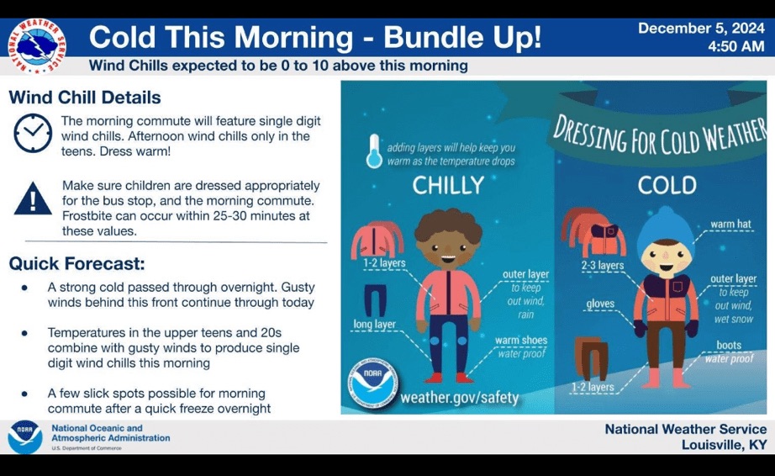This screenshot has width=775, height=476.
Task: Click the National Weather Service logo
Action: (x=37, y=46)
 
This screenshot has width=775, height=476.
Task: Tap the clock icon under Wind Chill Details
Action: (x=33, y=133)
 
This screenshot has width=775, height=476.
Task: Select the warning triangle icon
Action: (x=33, y=198)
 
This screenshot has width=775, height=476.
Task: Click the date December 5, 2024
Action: (x=701, y=29)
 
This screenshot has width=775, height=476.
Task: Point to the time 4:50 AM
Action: (x=736, y=46)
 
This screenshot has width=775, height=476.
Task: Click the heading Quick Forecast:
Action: (x=76, y=263)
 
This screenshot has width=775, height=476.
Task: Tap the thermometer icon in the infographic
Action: (x=374, y=151)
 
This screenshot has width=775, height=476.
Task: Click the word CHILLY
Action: (x=448, y=185)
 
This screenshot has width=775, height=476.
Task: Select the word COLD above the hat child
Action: (x=667, y=185)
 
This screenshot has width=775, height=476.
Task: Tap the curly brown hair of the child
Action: (x=448, y=225)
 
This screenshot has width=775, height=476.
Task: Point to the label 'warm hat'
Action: (x=730, y=224)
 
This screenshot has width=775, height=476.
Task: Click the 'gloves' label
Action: (x=600, y=303)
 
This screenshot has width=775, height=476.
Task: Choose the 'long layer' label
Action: (x=374, y=325)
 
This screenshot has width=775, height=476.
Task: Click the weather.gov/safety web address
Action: (x=459, y=398)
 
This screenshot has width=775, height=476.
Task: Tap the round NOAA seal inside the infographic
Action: (x=373, y=383)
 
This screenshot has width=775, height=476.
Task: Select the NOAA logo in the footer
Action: (x=24, y=437)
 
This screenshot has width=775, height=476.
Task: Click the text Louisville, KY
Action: (x=724, y=445)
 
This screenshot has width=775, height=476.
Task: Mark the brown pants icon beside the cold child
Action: (x=592, y=358)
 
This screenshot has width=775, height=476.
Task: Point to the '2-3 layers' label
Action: (x=602, y=266)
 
